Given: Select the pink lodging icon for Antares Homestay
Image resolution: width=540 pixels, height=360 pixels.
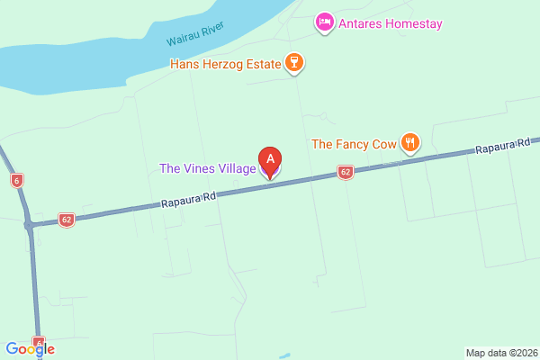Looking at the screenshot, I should point(324,21).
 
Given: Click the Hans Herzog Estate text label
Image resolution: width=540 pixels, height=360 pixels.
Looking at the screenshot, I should point(226,64).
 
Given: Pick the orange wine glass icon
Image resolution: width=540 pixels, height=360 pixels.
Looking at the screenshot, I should point(292,63).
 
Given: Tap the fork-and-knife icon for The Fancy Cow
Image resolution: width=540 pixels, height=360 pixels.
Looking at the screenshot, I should point(409,142).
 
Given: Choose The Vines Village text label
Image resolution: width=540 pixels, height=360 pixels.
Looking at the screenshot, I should point(207,168).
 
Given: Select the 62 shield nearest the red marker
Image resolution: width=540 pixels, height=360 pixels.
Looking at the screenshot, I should point(345,172).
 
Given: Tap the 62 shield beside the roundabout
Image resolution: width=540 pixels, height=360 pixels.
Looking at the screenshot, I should point(66,219).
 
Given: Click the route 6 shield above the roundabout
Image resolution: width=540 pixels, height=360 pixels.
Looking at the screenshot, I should point(16,180).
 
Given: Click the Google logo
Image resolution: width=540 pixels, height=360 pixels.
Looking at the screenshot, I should point(30,349).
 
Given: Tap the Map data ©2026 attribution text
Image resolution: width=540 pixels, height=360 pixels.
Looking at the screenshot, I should point(501,352).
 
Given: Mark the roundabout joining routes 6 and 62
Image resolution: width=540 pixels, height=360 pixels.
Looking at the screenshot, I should point(31,224).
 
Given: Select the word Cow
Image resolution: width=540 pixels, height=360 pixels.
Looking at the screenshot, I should point(382,143).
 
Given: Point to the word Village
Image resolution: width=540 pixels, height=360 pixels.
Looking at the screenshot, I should point(235,168).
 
